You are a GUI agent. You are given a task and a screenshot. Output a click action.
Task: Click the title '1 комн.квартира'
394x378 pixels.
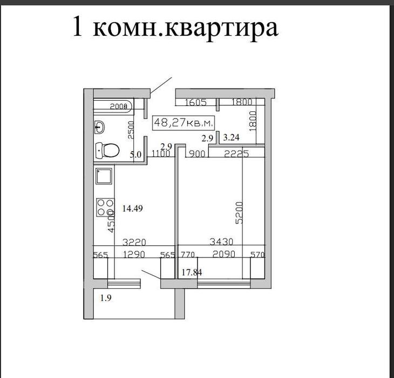pos(175,28)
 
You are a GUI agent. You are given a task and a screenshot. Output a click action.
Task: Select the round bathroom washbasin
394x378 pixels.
pos(100,128)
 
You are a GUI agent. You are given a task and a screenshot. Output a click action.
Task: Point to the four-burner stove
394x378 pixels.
pos(105,208)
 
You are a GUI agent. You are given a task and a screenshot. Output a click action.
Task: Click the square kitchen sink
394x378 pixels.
pos(103,177)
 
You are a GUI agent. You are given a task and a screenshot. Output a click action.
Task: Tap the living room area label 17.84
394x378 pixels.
pos(192,273)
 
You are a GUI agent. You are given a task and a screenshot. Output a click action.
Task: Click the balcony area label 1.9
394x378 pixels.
pos(106,297)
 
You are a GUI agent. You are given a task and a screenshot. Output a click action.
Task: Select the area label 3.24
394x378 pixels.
pos(230,138)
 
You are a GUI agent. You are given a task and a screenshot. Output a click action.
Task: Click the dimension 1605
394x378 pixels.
pos(196,102)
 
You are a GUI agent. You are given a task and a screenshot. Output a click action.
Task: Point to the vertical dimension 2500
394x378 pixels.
pos(130,130)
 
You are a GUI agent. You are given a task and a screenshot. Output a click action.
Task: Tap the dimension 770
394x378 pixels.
pos(187,253)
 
